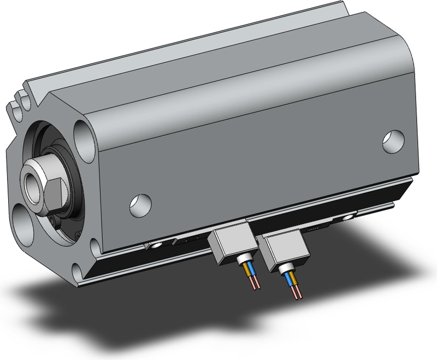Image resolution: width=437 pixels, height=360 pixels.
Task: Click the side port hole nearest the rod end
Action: tap(138, 204)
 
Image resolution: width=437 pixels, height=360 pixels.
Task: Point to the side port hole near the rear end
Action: tap(392, 140)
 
